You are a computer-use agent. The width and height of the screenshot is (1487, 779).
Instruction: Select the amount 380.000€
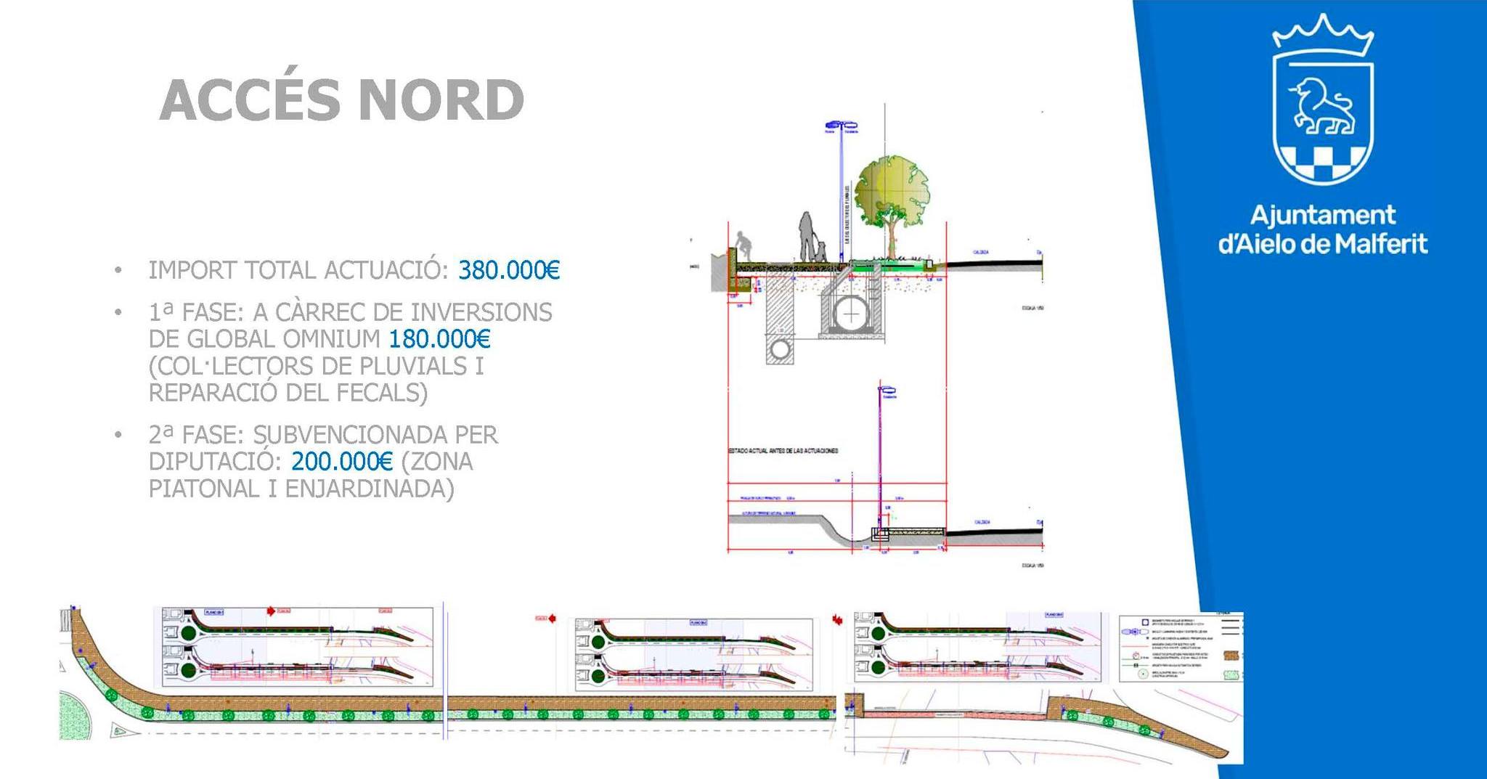click(x=509, y=270)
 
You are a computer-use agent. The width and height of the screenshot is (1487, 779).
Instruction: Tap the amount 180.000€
click(x=439, y=338)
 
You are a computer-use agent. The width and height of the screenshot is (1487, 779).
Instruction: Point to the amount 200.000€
click(x=341, y=461)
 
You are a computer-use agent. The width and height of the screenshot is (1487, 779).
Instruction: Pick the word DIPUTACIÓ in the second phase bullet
click(x=214, y=461)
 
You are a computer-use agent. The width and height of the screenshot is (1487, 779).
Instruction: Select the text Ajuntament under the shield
click(x=1322, y=215)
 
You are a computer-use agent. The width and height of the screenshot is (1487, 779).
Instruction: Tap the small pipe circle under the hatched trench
click(x=781, y=349)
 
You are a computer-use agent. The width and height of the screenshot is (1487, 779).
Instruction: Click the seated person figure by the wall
click(x=742, y=247)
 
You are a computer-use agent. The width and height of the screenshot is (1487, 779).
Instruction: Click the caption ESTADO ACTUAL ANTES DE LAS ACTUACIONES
click(x=783, y=451)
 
